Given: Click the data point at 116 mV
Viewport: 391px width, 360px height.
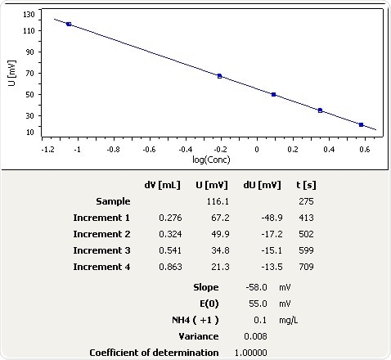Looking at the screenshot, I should [x=69, y=25].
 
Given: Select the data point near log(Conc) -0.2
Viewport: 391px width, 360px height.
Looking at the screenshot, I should [x=219, y=76].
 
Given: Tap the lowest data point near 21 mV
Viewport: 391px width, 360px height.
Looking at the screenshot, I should [x=361, y=124].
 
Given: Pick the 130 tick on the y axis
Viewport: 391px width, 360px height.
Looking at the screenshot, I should [x=29, y=15].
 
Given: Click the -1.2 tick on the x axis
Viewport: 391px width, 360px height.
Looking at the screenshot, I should [x=42, y=150].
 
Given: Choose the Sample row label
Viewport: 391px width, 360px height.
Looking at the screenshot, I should [x=113, y=201].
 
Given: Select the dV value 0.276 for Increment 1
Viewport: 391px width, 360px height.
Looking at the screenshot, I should [x=169, y=218].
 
